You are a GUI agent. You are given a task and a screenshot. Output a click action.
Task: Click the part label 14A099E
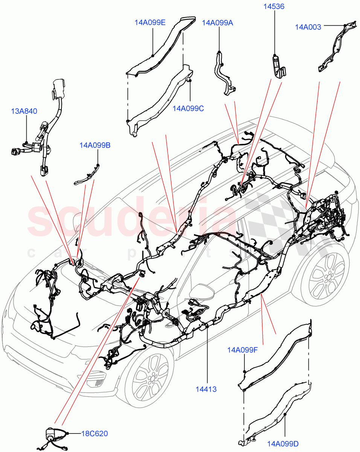point(150,22)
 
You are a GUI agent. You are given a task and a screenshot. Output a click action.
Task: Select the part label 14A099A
point(217,23)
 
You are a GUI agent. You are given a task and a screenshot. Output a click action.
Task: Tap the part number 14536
point(274,6)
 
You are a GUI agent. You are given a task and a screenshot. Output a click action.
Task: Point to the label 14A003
point(308,27)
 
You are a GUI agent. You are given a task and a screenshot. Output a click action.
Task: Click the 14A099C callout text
point(188,108)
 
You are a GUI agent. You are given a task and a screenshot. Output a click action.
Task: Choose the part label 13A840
point(24,111)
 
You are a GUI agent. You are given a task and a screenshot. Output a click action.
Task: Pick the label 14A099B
point(95,145)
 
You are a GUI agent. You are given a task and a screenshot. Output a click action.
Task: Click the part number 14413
point(206,389)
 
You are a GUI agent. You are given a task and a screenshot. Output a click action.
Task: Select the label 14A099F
point(242,350)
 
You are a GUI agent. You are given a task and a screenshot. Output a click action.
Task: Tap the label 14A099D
point(283,444)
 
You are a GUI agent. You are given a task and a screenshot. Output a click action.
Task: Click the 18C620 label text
point(94,434)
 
